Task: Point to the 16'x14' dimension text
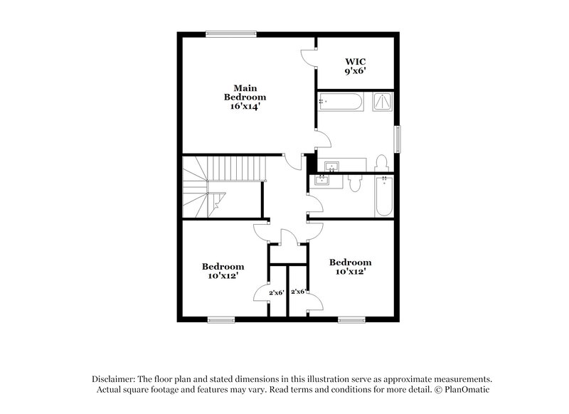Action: (x=245, y=106)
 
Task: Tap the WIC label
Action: (x=355, y=61)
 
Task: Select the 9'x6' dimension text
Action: (x=355, y=71)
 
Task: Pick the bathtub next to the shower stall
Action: (x=341, y=102)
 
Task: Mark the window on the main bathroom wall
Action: (x=398, y=139)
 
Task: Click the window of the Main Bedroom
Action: (x=230, y=32)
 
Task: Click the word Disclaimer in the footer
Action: (x=113, y=379)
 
